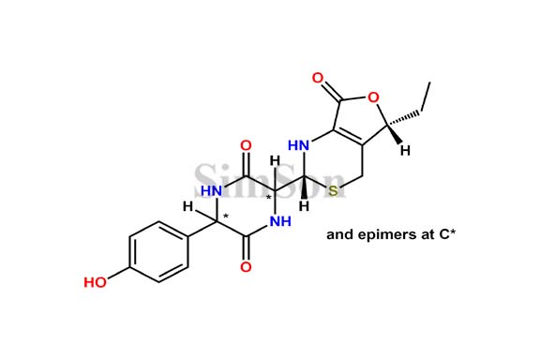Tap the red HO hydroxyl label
coord(96,280)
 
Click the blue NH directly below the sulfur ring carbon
coord(279,222)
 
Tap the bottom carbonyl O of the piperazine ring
coord(246,267)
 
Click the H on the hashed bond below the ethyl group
coord(405,151)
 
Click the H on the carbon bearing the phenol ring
coord(188,206)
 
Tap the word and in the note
coord(338,235)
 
